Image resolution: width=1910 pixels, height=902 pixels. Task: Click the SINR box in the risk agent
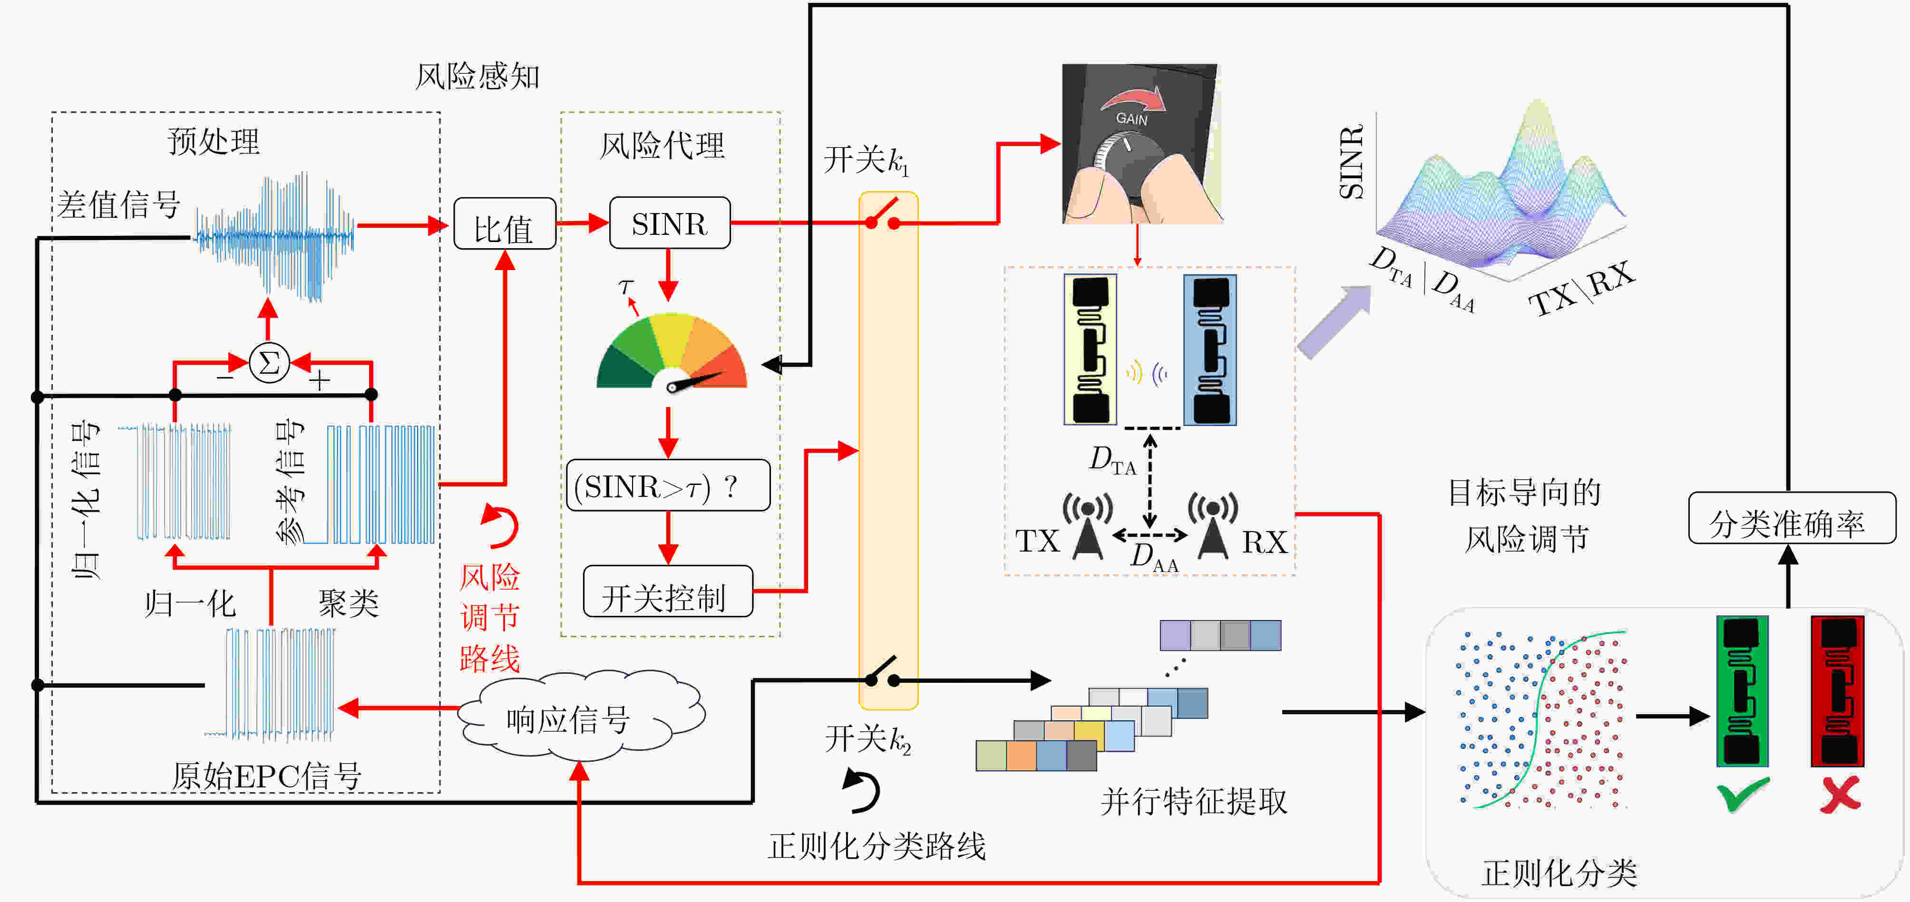670,223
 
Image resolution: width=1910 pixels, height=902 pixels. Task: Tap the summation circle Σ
269,363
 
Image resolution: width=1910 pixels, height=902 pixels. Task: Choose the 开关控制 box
668,592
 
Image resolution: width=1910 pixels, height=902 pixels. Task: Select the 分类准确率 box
1792,518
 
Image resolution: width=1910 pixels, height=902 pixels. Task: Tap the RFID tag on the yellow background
1090,349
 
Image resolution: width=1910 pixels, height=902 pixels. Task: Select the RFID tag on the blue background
1210,349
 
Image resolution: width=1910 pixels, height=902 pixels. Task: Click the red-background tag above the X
1837,691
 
